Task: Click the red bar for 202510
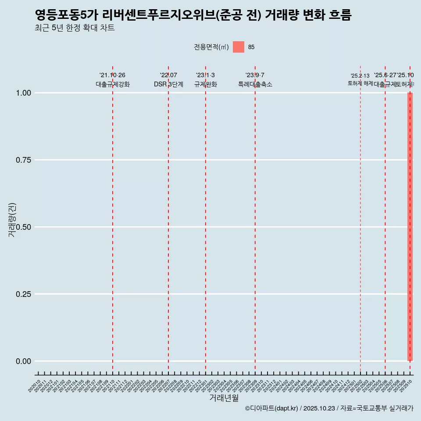click(410, 227)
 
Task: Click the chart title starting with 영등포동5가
click(193, 15)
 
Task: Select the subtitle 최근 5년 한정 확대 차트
click(75, 28)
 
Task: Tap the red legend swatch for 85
click(238, 47)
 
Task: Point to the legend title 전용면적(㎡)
click(211, 47)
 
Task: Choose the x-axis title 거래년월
click(224, 398)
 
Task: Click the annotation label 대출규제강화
click(113, 84)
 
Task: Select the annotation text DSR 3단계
click(168, 84)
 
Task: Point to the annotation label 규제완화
click(206, 84)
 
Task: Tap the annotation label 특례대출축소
click(255, 84)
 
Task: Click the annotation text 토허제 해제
click(360, 83)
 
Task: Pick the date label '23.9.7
click(255, 75)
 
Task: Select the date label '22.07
click(168, 75)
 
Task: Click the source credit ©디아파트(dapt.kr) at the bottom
click(271, 408)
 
